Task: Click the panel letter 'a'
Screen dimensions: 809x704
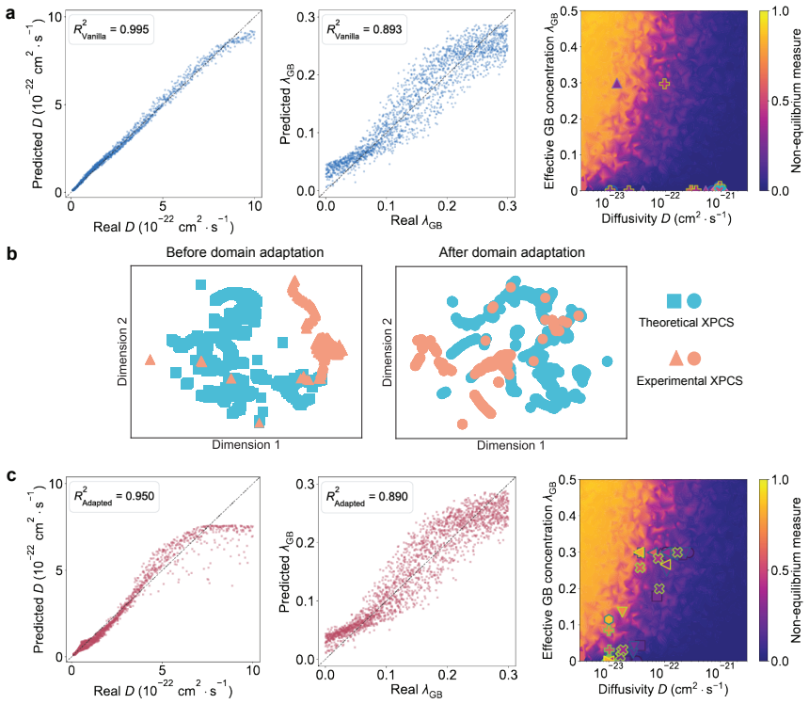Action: click(x=10, y=13)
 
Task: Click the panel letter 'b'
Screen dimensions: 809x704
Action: click(x=11, y=253)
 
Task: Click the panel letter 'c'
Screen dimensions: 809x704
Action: click(x=11, y=475)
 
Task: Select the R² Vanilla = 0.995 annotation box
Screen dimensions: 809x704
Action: click(x=111, y=29)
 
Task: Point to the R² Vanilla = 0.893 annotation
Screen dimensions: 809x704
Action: click(x=364, y=29)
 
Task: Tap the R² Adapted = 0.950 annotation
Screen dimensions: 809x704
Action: click(x=114, y=497)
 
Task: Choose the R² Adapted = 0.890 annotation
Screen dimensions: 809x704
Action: click(x=367, y=497)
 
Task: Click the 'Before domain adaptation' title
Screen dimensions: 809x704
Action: click(x=246, y=252)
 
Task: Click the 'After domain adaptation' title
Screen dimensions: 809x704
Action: click(x=512, y=252)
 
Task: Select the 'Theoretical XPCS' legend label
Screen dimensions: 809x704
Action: click(x=686, y=323)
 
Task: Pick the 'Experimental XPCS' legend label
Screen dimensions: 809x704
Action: click(x=690, y=381)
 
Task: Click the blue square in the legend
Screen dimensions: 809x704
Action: click(x=674, y=300)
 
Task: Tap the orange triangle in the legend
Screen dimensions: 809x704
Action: click(x=675, y=359)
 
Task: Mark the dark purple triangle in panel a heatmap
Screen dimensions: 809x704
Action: click(x=616, y=83)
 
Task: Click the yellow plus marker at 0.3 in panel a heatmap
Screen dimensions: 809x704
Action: click(x=664, y=83)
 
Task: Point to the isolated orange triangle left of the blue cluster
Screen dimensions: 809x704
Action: click(x=151, y=360)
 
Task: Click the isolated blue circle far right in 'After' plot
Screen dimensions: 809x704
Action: click(x=608, y=361)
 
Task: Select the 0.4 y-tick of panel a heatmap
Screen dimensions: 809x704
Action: click(x=569, y=47)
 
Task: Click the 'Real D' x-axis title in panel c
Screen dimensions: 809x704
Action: click(x=163, y=691)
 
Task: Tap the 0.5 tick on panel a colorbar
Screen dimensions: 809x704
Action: click(x=780, y=101)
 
